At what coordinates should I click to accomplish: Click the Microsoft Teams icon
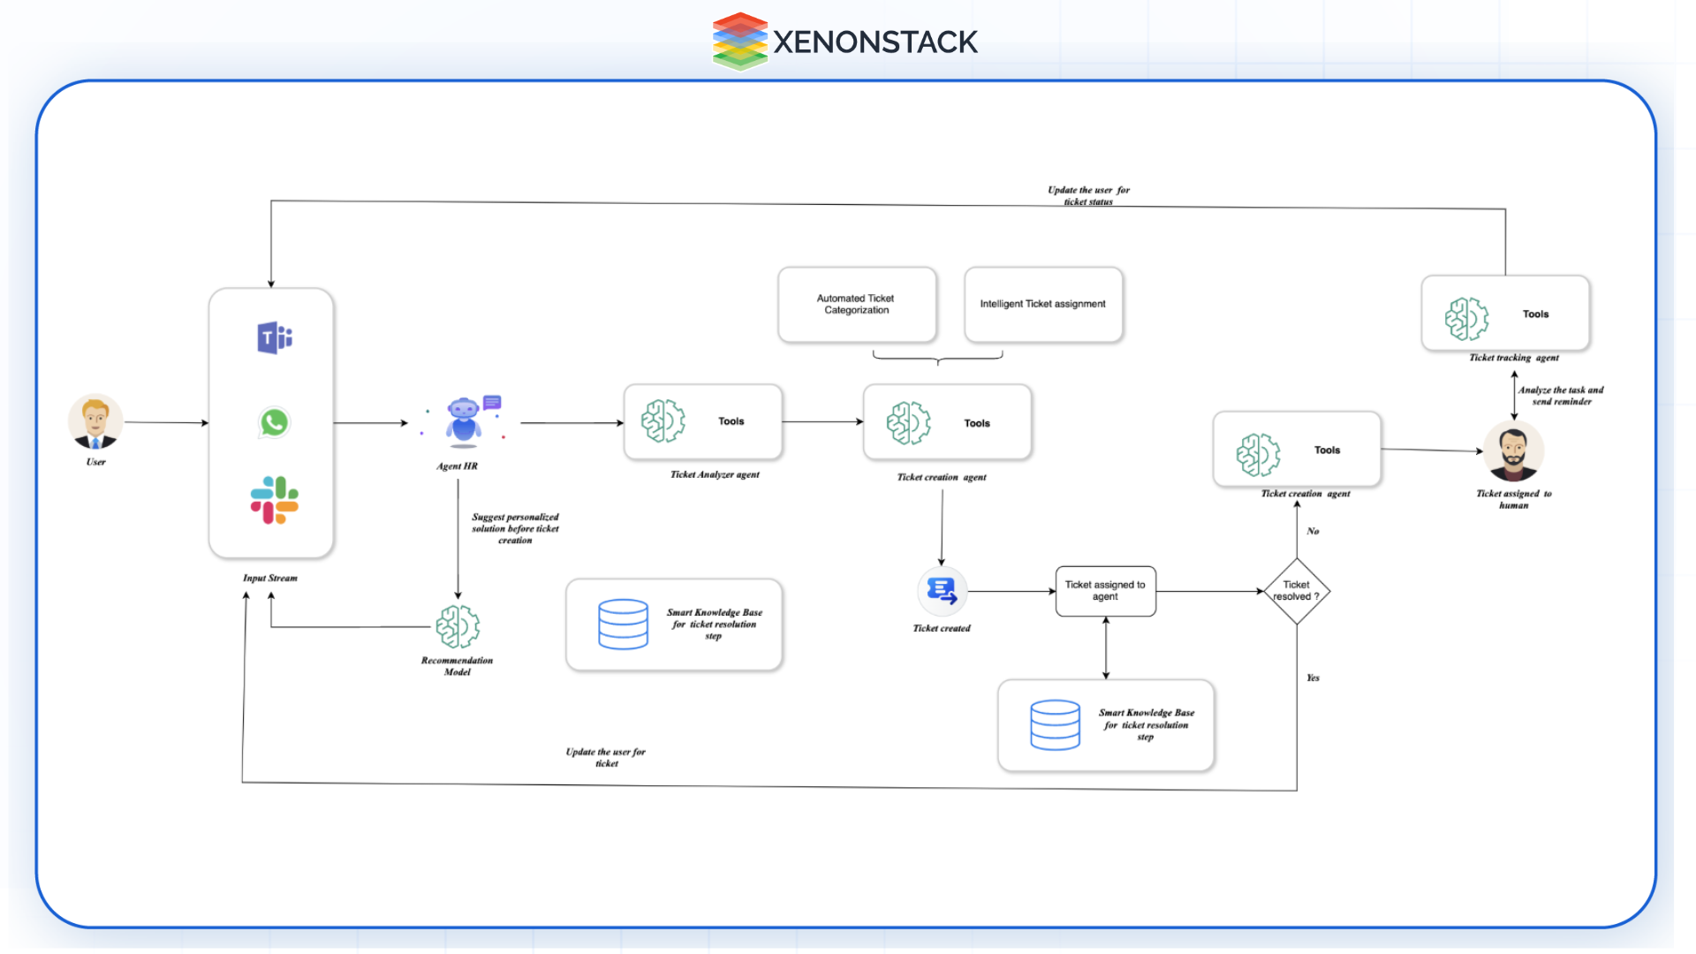tap(274, 337)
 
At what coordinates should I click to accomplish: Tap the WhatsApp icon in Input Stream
tap(274, 422)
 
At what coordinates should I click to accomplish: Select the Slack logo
tap(274, 500)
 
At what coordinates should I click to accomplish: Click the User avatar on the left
tap(95, 421)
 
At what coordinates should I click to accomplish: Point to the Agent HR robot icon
tap(464, 420)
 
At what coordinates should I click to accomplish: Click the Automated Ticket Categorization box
tap(856, 305)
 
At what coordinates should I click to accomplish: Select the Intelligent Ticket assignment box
tap(1042, 305)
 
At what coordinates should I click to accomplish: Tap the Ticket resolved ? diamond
tap(1296, 591)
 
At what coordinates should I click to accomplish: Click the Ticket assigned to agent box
tap(1105, 591)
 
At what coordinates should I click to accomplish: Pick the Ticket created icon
tap(942, 591)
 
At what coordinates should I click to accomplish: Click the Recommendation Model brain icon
tap(458, 627)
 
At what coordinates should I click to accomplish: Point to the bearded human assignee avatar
tap(1513, 450)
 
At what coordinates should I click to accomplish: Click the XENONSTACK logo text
tap(874, 42)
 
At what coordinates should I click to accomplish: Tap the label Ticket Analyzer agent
tap(715, 475)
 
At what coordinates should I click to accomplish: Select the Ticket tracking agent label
tap(1513, 358)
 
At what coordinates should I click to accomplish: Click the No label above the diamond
tap(1313, 532)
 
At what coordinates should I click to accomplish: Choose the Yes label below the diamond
tap(1313, 678)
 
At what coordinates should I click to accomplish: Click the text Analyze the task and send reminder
tap(1561, 396)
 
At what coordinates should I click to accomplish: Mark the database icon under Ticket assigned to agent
tap(1055, 725)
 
